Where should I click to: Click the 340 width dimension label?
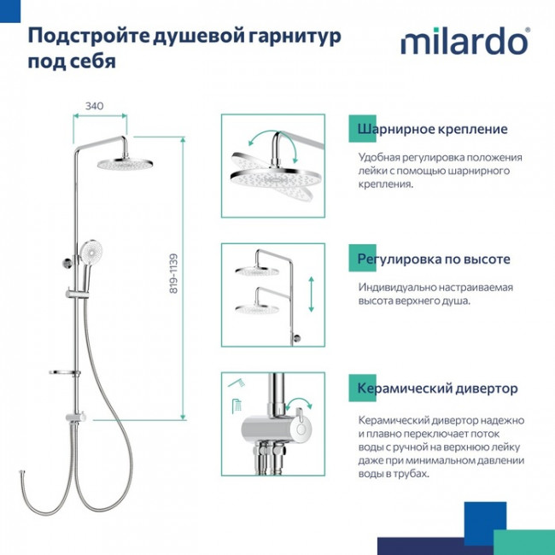click(95, 106)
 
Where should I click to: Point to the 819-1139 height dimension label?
click(173, 273)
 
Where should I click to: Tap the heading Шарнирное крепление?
click(433, 130)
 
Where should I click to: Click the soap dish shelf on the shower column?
click(65, 372)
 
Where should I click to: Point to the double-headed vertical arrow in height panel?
click(310, 295)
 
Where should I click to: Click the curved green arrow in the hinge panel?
click(272, 150)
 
